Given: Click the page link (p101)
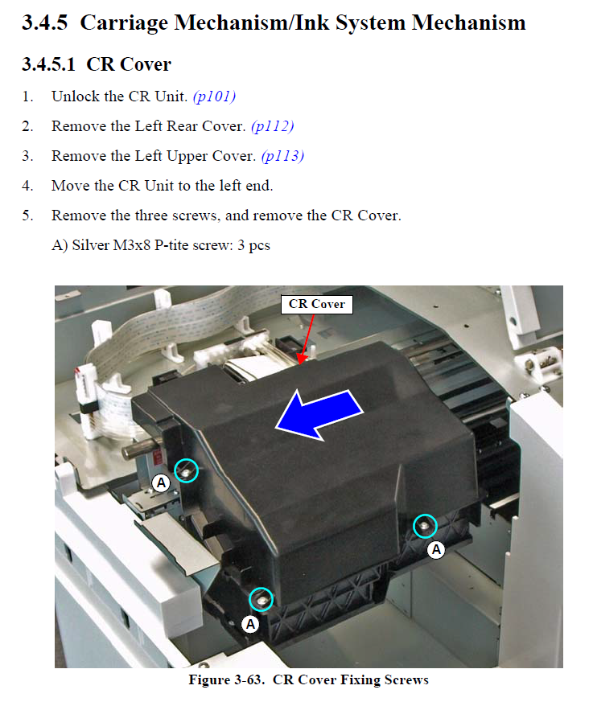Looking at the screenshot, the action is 214,96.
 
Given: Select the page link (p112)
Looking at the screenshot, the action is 272,126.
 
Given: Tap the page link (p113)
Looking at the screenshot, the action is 282,156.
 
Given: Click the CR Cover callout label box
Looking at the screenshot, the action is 317,305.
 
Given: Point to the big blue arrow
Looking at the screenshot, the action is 319,414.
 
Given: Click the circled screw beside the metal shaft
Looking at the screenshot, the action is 186,470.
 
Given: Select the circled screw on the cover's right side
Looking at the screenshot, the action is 425,526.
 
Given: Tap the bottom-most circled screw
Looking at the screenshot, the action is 261,599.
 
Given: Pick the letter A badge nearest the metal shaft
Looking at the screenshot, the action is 161,483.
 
